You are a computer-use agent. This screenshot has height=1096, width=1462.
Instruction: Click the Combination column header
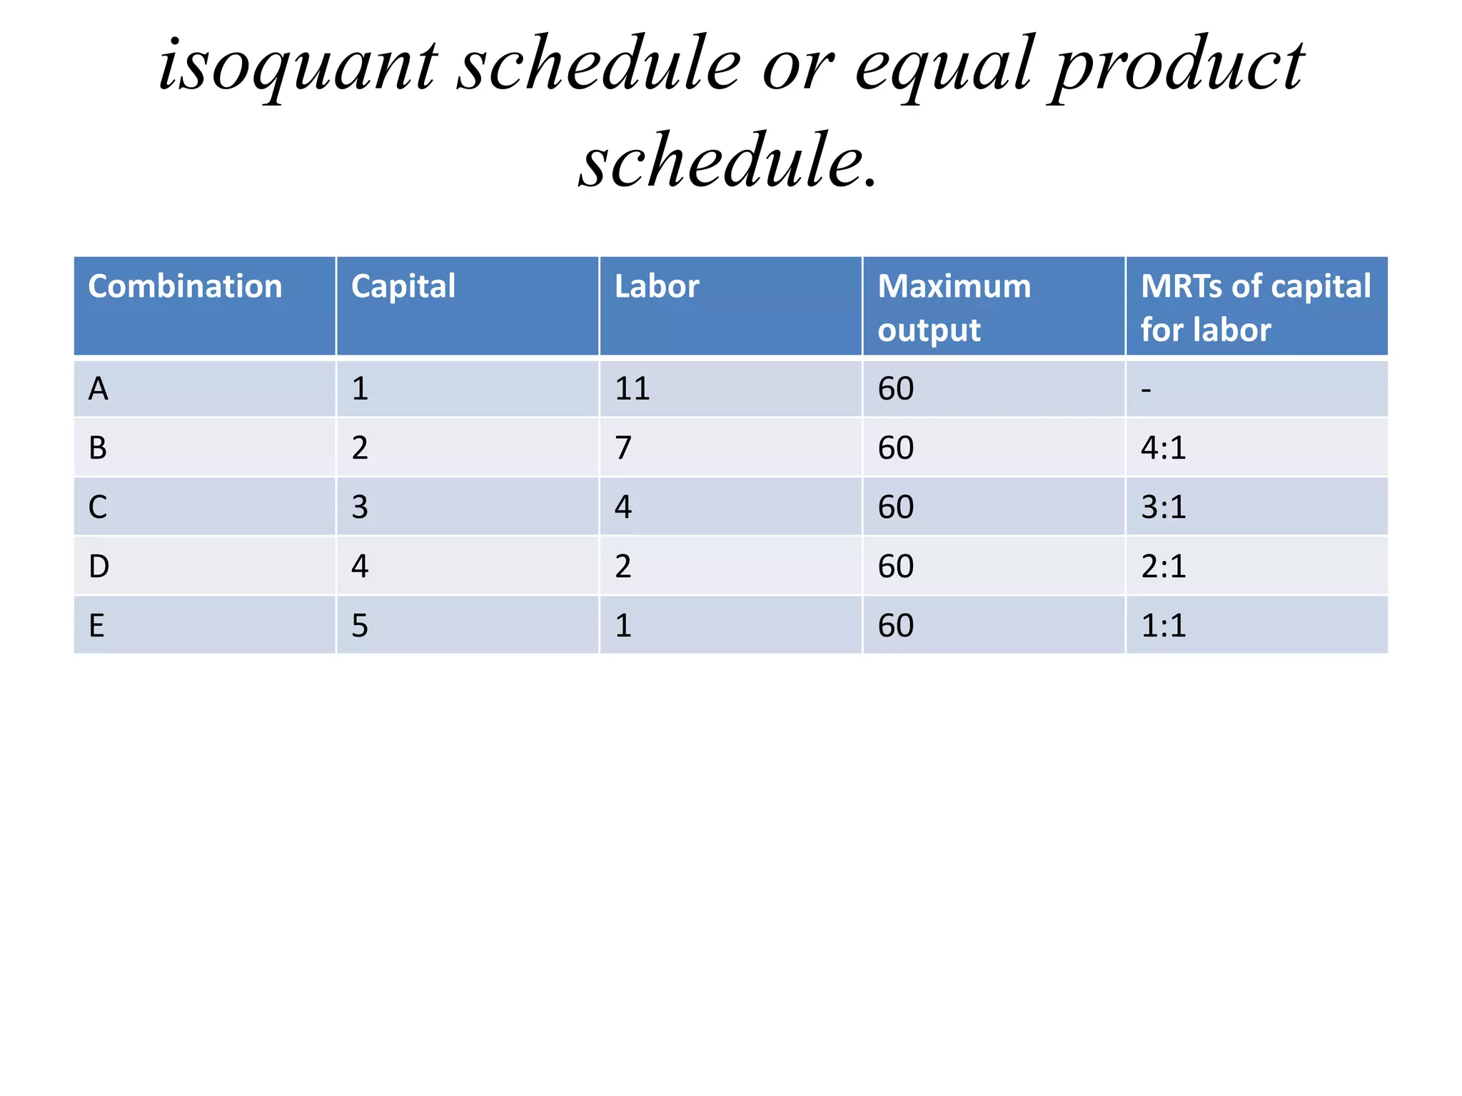[185, 287]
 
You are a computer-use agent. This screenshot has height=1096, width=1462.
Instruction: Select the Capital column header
[403, 287]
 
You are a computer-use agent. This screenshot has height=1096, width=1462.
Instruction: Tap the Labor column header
[656, 287]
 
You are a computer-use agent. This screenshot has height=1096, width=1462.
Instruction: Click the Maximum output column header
[954, 308]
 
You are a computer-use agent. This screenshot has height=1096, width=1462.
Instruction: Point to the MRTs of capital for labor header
[1255, 308]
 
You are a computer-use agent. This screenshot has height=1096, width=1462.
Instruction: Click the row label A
[99, 390]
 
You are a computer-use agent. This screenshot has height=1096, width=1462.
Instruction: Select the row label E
[97, 626]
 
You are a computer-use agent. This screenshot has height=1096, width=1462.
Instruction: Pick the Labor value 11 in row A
[632, 390]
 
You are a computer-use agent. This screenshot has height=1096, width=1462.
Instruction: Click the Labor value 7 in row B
[622, 448]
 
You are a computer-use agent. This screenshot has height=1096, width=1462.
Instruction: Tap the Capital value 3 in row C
[360, 507]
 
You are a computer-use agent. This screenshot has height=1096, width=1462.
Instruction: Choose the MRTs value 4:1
[1163, 448]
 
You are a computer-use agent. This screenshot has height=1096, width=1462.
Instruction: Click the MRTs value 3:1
[1163, 507]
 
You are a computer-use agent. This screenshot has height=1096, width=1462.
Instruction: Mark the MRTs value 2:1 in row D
[1163, 567]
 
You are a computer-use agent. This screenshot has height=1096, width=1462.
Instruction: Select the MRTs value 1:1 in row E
[1163, 626]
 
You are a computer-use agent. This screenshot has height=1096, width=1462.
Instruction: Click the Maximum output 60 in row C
[895, 507]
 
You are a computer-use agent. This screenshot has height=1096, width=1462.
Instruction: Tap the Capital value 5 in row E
[360, 626]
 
